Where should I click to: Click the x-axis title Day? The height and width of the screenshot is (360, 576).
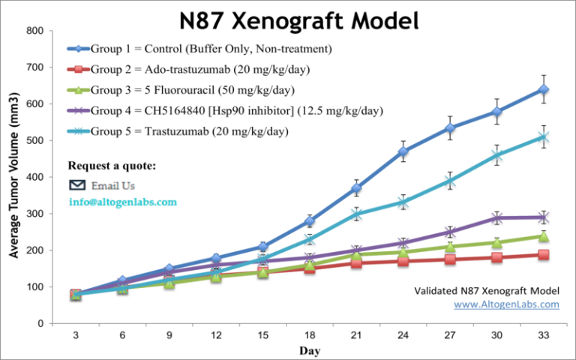(x=309, y=350)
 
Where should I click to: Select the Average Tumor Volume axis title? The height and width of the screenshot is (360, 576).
(x=14, y=177)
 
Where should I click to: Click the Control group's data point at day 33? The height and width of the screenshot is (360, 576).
(x=543, y=90)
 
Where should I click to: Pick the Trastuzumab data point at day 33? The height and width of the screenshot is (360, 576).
(x=543, y=137)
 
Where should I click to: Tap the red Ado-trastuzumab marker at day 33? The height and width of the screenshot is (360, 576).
(x=543, y=255)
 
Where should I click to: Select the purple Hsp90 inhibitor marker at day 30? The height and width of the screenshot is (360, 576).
(x=496, y=218)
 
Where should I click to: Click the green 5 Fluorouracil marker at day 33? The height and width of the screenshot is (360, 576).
(x=543, y=236)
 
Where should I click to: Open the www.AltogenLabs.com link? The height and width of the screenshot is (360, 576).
(x=507, y=304)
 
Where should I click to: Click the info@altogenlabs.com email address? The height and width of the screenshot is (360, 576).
(x=123, y=202)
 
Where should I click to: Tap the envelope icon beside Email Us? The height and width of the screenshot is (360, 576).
(x=77, y=184)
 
